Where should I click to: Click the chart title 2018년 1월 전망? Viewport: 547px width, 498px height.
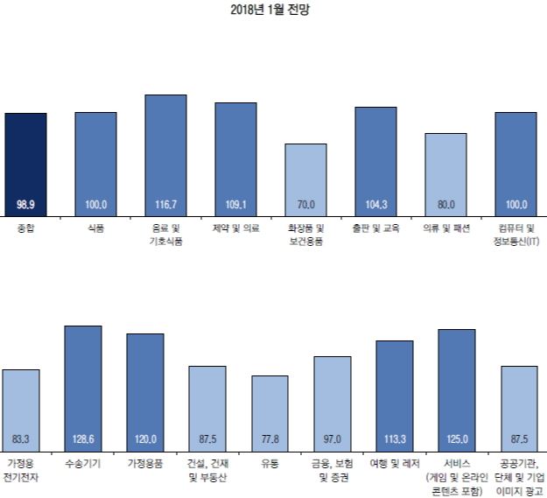274,11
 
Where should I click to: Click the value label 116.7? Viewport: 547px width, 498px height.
165,204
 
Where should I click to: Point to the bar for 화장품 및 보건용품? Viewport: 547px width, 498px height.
305,179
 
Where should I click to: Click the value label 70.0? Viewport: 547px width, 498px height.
305,204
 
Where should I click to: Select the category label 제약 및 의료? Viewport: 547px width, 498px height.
235,228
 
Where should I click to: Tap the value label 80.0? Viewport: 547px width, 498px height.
445,204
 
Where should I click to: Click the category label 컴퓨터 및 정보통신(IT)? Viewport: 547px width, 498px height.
515,234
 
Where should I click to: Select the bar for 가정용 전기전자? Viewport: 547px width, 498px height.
21,407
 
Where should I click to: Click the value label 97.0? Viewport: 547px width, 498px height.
332,437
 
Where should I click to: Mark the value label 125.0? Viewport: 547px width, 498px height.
456,437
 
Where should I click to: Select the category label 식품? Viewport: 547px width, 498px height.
95,228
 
